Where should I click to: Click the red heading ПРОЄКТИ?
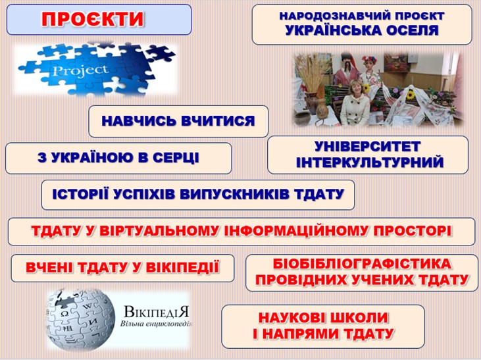coord(93,19)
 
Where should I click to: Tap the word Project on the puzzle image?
coord(81,70)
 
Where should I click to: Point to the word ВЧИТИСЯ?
coord(218,120)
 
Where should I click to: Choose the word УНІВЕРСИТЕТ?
coord(368,147)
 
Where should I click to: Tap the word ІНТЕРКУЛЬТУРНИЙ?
coord(370,163)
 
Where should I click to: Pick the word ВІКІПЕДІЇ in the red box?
coord(182,267)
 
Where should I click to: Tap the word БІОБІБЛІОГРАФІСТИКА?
coord(362,264)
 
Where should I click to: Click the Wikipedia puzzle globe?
coord(80,320)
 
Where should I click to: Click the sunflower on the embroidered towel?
coord(409,95)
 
